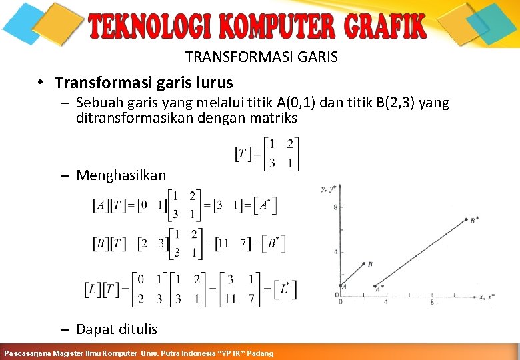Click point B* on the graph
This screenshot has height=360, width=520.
[x=465, y=220]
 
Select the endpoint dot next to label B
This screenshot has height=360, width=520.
[x=364, y=264]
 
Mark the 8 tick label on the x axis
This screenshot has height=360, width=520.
[x=432, y=302]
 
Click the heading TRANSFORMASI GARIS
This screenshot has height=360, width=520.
[x=261, y=57]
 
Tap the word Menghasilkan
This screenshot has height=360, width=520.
[x=121, y=175]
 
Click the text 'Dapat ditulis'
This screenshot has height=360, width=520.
[x=117, y=329]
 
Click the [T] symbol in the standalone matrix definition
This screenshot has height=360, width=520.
[x=244, y=155]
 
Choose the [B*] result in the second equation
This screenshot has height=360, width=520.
[x=272, y=243]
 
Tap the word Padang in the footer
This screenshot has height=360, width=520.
[x=260, y=353]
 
